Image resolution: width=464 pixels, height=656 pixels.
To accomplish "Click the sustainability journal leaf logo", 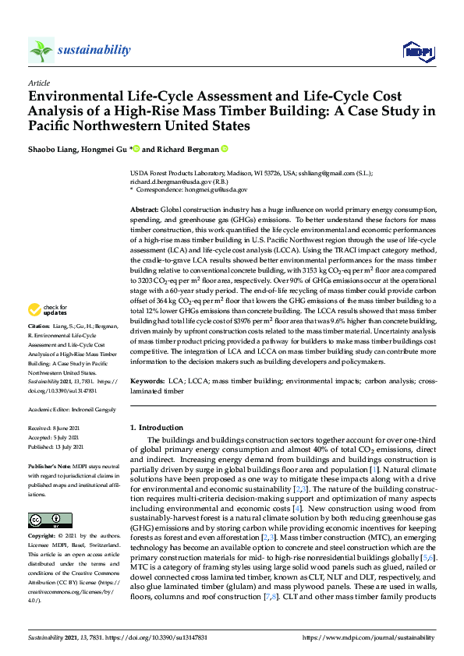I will [41, 51].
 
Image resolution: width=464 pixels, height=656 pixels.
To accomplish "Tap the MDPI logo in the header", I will [413, 51].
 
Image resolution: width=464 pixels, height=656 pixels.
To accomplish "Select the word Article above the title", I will [38, 83].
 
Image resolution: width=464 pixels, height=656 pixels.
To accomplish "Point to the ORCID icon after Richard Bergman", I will [225, 148].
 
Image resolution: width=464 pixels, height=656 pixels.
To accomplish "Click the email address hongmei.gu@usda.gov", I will [221, 189].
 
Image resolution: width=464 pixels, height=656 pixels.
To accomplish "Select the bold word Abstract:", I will [143, 211].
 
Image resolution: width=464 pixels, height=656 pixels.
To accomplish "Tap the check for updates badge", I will [52, 312].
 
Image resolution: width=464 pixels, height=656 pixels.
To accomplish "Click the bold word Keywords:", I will [147, 381].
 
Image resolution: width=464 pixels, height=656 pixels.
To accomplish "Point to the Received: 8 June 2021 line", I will [55, 429].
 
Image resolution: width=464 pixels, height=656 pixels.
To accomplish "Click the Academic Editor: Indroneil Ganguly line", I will [71, 409].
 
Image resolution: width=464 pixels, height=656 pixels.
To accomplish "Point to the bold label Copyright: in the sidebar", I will [42, 538].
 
